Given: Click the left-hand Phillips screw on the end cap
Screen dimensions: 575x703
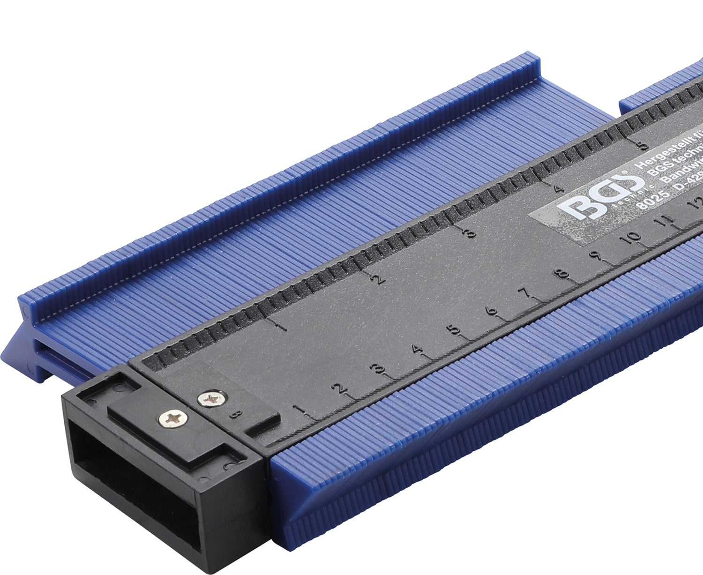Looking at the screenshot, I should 173,417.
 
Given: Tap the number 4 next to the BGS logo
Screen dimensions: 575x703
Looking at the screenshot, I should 558,189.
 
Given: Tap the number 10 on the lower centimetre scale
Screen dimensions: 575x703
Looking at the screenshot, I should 633,238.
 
